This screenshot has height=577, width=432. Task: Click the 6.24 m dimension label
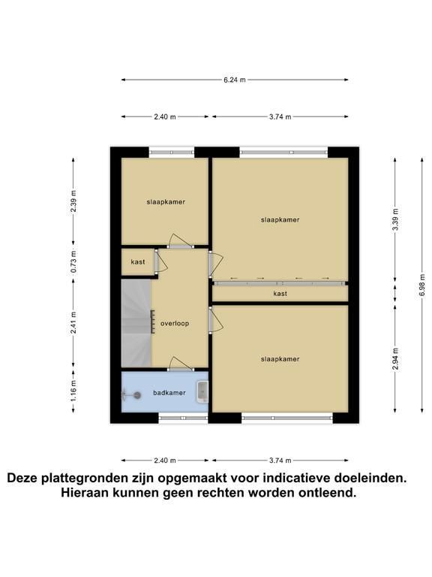[x=234, y=80]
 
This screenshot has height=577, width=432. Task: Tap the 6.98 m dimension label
[x=422, y=285]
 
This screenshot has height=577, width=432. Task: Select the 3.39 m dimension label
[x=395, y=219]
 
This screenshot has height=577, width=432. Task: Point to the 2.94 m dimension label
[x=395, y=359]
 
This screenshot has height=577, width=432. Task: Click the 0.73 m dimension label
[x=73, y=261]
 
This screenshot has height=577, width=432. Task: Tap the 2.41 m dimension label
[x=73, y=323]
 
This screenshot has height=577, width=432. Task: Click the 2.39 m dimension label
[x=73, y=201]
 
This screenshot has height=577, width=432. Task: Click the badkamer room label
[x=169, y=393]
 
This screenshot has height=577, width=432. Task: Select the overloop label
[x=175, y=324]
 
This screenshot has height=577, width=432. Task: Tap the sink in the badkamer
[x=202, y=392]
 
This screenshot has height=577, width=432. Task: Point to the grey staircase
[x=136, y=323]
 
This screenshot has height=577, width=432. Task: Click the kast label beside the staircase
[x=138, y=262]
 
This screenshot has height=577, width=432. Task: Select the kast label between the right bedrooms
[x=280, y=294]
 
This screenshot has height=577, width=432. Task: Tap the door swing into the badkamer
[x=181, y=363]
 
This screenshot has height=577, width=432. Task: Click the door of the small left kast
[x=161, y=261]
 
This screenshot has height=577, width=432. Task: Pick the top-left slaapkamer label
[x=166, y=201]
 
